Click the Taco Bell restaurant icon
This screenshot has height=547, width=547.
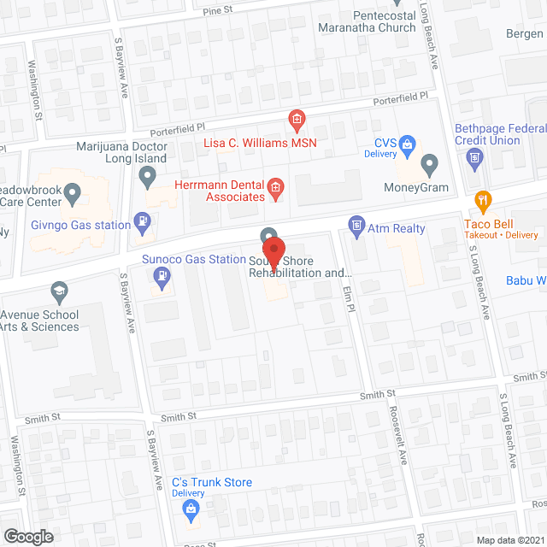pyautogui.click(x=483, y=203)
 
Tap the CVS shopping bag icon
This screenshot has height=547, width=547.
pyautogui.click(x=408, y=144)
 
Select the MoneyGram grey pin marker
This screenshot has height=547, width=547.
pyautogui.click(x=430, y=162)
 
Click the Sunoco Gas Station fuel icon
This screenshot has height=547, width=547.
pyautogui.click(x=159, y=275)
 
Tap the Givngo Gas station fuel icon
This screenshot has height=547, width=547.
pyautogui.click(x=141, y=223)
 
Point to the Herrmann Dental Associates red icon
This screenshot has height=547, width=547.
pyautogui.click(x=275, y=186)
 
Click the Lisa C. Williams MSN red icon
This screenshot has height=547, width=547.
pyautogui.click(x=297, y=118)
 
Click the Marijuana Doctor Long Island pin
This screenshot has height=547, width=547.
pyautogui.click(x=148, y=178)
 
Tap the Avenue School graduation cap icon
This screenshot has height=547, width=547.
pyautogui.click(x=59, y=291)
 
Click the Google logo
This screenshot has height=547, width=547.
pyautogui.click(x=27, y=536)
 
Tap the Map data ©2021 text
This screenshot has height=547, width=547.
pyautogui.click(x=509, y=539)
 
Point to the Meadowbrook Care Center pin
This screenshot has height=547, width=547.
pyautogui.click(x=74, y=196)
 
